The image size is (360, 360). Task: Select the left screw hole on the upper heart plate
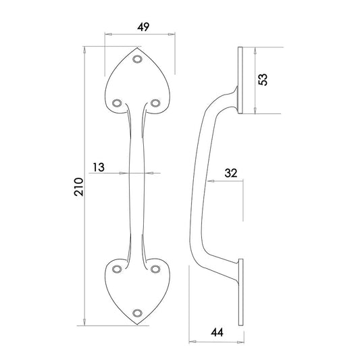118,103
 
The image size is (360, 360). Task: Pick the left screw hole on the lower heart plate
118,268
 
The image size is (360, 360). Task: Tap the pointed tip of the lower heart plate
139,324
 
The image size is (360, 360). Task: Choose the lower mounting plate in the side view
240,292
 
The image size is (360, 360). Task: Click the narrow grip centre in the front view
138,174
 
